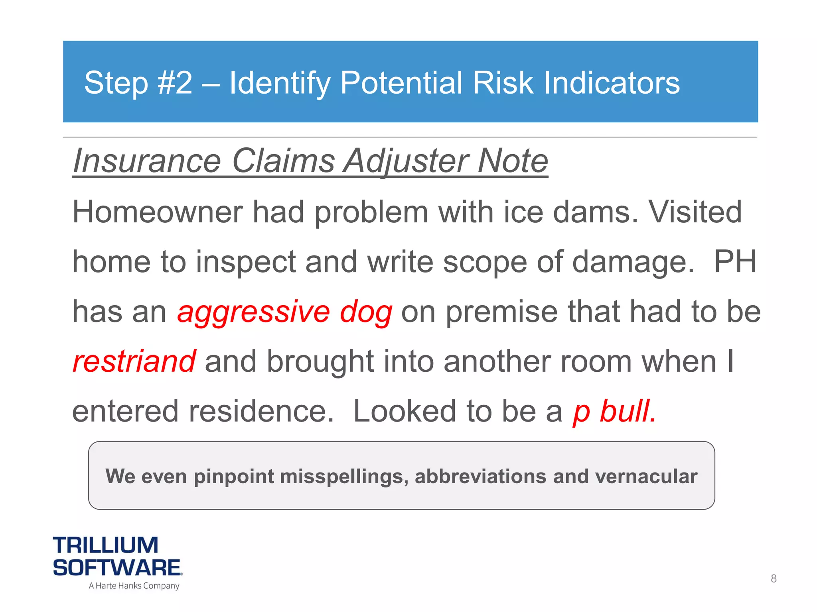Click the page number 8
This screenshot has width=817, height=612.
(x=774, y=578)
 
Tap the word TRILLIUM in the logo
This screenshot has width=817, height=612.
(x=106, y=545)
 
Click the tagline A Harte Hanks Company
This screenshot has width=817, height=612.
(x=134, y=586)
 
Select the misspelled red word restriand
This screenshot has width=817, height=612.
(x=134, y=361)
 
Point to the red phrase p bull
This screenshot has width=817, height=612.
(x=614, y=411)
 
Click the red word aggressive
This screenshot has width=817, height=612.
(x=254, y=312)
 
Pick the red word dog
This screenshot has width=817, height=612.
(x=366, y=312)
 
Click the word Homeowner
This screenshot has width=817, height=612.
(x=158, y=212)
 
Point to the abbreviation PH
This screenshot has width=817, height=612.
(x=735, y=262)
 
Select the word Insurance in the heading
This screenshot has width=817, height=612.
(x=147, y=161)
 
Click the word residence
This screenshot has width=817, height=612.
(x=261, y=411)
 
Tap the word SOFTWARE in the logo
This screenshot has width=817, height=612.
(x=117, y=567)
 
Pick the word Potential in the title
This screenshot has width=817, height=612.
(x=401, y=83)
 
